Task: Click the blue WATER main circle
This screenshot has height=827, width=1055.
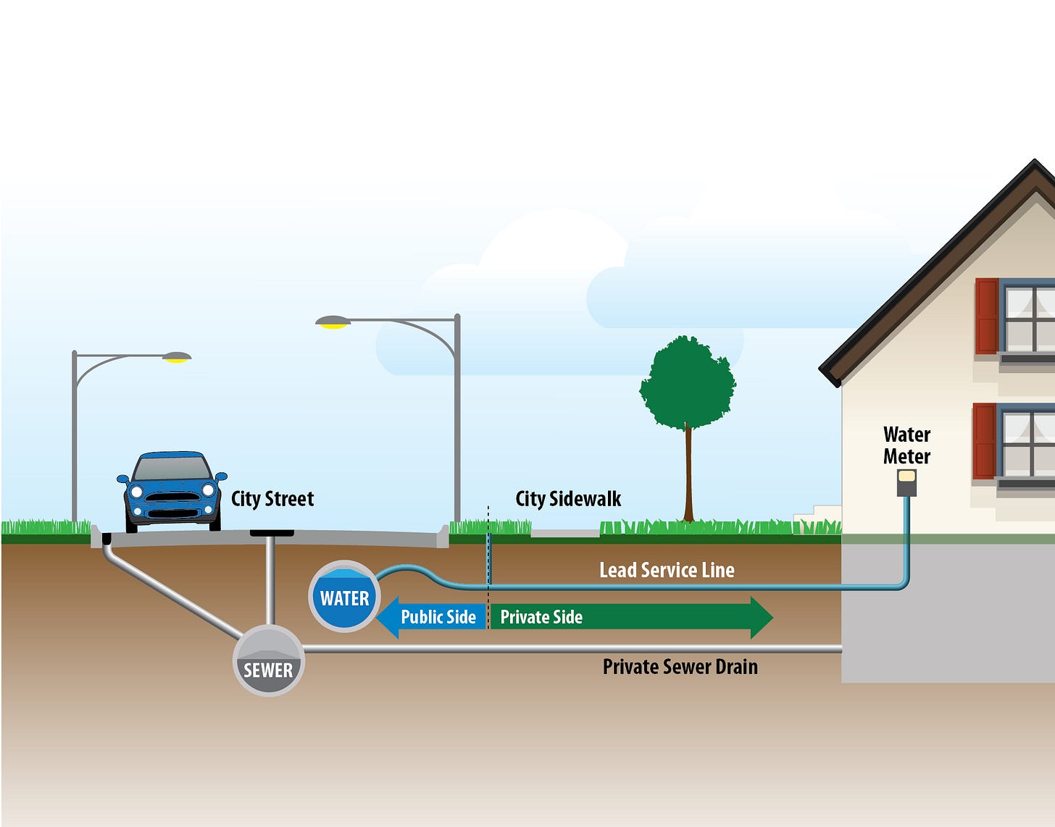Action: click(x=344, y=597)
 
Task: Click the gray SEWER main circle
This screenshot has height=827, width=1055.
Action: click(x=269, y=660)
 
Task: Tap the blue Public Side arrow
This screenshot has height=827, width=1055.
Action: click(x=432, y=617)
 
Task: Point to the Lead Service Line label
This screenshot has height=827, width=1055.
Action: click(x=667, y=570)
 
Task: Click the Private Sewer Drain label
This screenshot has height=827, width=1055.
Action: click(x=680, y=666)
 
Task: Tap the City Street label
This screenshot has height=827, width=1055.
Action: click(x=272, y=498)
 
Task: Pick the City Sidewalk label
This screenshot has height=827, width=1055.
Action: click(x=568, y=498)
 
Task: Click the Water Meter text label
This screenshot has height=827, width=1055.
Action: click(x=906, y=445)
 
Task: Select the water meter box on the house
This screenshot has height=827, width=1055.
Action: click(x=906, y=482)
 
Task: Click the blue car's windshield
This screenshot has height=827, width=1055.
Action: click(x=172, y=469)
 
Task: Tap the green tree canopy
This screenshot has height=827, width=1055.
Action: click(x=688, y=382)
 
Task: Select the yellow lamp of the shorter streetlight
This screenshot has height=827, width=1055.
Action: click(x=176, y=359)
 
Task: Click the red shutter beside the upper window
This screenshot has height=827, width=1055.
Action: click(x=986, y=316)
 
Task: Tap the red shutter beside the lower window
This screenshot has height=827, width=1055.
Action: click(x=984, y=441)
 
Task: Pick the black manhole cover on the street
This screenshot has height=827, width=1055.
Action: click(x=272, y=534)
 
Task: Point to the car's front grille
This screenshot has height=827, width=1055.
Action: click(x=172, y=498)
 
